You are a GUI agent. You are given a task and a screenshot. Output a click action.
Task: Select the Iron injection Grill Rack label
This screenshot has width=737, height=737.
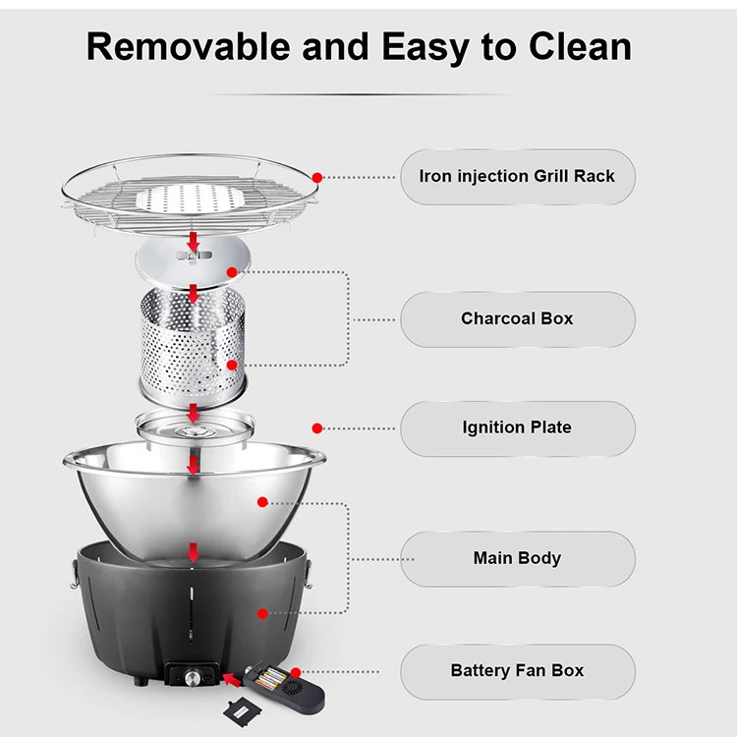coord(517,177)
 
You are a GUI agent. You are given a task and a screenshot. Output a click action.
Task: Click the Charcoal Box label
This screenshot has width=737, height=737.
coord(517,319)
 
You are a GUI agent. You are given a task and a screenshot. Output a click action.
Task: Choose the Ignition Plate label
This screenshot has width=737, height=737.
coord(517,428)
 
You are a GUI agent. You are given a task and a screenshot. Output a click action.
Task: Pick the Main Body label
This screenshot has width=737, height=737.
coord(517,558)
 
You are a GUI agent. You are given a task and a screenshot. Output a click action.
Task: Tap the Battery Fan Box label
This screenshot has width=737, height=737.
coord(517,671)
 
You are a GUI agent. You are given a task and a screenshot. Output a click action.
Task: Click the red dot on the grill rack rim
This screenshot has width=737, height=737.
coord(317,177)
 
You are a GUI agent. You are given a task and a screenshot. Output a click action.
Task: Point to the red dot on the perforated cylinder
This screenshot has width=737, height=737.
coord(232,366)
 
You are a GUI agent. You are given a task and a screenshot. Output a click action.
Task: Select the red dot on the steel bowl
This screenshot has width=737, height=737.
coord(262,502)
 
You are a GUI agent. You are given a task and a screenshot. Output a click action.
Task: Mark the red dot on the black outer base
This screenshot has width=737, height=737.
coord(262,613)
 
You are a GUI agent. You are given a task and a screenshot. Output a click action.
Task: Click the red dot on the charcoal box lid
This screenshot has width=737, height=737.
coord(232,272)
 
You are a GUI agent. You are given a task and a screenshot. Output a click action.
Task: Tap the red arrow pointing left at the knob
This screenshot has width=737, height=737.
coord(231,677)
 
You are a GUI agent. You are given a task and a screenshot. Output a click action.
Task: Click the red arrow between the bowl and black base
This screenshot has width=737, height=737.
coord(194,553)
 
